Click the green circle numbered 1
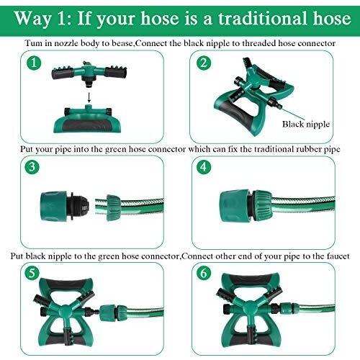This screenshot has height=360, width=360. pyautogui.click(x=34, y=63)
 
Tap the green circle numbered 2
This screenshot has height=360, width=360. pyautogui.click(x=204, y=63)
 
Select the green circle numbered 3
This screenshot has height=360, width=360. pyautogui.click(x=32, y=166)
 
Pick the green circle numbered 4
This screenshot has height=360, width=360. pyautogui.click(x=204, y=166)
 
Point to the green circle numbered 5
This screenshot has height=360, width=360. pyautogui.click(x=32, y=273)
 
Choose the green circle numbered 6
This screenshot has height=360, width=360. pyautogui.click(x=204, y=273)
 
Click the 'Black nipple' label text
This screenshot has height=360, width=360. pyautogui.click(x=306, y=125)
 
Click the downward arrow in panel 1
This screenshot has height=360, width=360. pyautogui.click(x=89, y=97)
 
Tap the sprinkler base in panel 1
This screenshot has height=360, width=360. pyautogui.click(x=89, y=119)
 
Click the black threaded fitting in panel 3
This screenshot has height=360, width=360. pyautogui.click(x=78, y=206)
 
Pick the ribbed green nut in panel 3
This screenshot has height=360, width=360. pyautogui.click(x=113, y=207)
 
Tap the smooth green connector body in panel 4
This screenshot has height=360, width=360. pyautogui.click(x=234, y=207)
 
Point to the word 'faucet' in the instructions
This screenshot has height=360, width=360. pyautogui.click(x=338, y=256)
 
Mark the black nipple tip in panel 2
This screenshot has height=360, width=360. pyautogui.click(x=278, y=104)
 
